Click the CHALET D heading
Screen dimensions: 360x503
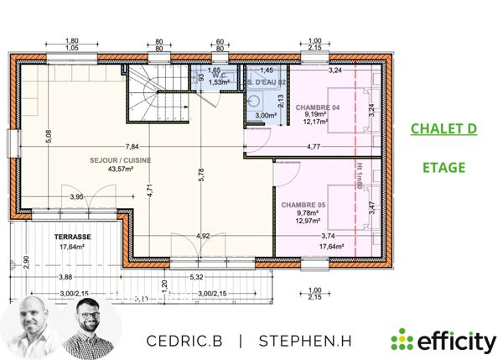tap(443, 129)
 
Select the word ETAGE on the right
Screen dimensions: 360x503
tap(443, 168)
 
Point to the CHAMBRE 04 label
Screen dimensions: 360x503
tap(317, 107)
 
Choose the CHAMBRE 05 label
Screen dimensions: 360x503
tap(303, 204)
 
